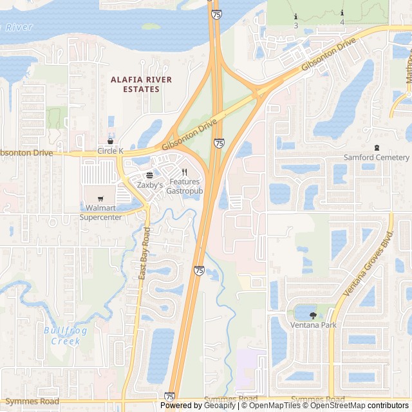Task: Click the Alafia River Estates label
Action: click(141, 84)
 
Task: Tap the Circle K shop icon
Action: click(111, 141)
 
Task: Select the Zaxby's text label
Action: click(149, 185)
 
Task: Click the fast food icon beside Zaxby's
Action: click(149, 175)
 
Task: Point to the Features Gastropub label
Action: click(185, 187)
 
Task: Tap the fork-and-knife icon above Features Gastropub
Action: click(185, 173)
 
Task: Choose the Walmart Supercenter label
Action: click(100, 212)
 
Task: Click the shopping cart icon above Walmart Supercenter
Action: click(100, 199)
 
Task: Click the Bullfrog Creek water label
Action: click(62, 336)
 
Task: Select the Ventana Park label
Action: click(314, 325)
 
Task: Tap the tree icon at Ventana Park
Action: click(314, 315)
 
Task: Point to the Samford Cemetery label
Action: click(377, 158)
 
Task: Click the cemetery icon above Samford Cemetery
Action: click(377, 148)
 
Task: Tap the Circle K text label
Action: click(110, 151)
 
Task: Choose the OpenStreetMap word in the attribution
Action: click(339, 406)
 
